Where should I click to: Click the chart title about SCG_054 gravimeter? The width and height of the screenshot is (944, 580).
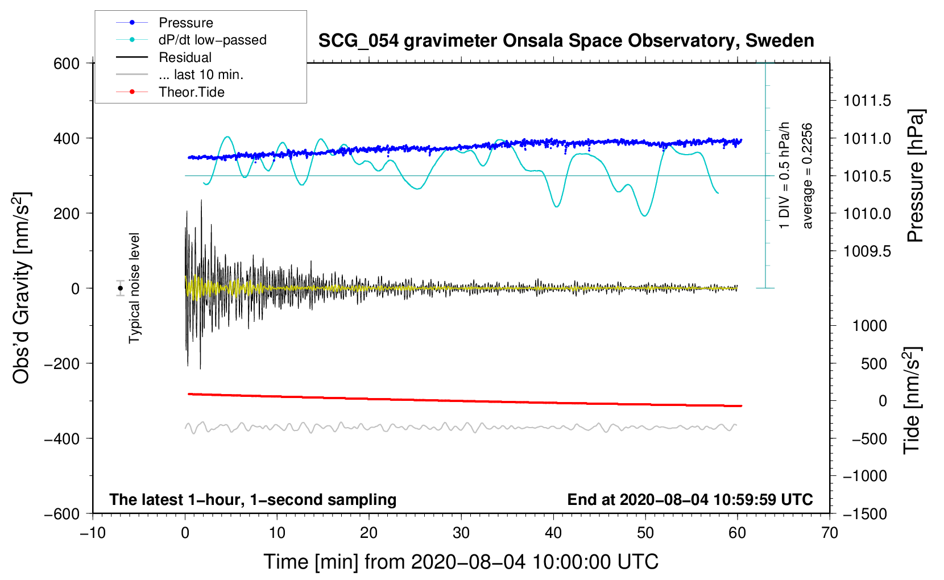click(x=566, y=41)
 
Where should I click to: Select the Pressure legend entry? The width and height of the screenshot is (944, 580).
click(x=185, y=23)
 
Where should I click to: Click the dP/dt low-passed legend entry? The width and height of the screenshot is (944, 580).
click(x=212, y=40)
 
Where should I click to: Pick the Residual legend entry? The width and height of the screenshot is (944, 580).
click(x=185, y=57)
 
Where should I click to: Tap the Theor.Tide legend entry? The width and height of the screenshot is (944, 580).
click(x=191, y=92)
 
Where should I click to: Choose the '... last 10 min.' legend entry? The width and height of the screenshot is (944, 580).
click(x=201, y=74)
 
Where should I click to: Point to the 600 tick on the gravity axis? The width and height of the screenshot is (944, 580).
click(x=67, y=63)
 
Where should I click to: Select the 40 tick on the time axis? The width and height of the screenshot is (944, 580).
click(x=553, y=533)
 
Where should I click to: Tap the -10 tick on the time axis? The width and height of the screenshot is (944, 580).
click(x=93, y=533)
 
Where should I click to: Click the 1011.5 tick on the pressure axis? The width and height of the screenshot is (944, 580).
click(x=867, y=101)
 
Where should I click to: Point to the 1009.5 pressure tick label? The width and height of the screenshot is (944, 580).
click(x=867, y=251)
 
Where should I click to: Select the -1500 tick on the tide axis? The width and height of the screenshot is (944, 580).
click(x=864, y=513)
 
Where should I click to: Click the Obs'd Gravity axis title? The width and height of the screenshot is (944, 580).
click(x=22, y=288)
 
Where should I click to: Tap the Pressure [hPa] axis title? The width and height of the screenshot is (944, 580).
click(x=915, y=176)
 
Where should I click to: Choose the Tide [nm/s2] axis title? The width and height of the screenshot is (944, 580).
click(x=912, y=400)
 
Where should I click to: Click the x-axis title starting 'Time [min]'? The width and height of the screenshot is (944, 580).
click(x=461, y=562)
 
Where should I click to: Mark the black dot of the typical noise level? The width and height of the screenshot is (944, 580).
click(x=121, y=288)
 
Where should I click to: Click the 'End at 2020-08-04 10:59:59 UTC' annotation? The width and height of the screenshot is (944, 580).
click(x=690, y=499)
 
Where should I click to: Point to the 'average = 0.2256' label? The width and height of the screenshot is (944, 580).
click(x=807, y=176)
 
